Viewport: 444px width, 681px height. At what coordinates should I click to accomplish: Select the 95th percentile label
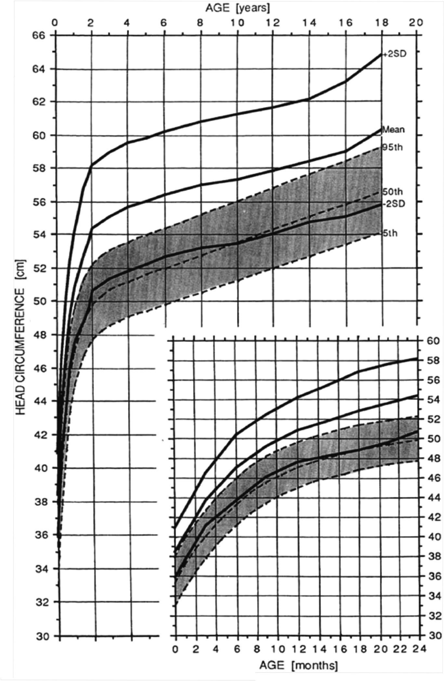(x=393, y=147)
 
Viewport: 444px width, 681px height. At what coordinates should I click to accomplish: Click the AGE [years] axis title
(x=238, y=7)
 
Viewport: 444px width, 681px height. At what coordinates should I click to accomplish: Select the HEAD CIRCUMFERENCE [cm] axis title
(x=20, y=337)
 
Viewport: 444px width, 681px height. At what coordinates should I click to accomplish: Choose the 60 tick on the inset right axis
(x=433, y=341)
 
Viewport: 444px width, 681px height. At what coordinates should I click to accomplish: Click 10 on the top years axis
(x=237, y=22)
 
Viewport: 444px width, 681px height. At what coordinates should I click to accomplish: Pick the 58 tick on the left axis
(x=39, y=168)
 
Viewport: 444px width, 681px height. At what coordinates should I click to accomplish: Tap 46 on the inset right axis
(x=433, y=478)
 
